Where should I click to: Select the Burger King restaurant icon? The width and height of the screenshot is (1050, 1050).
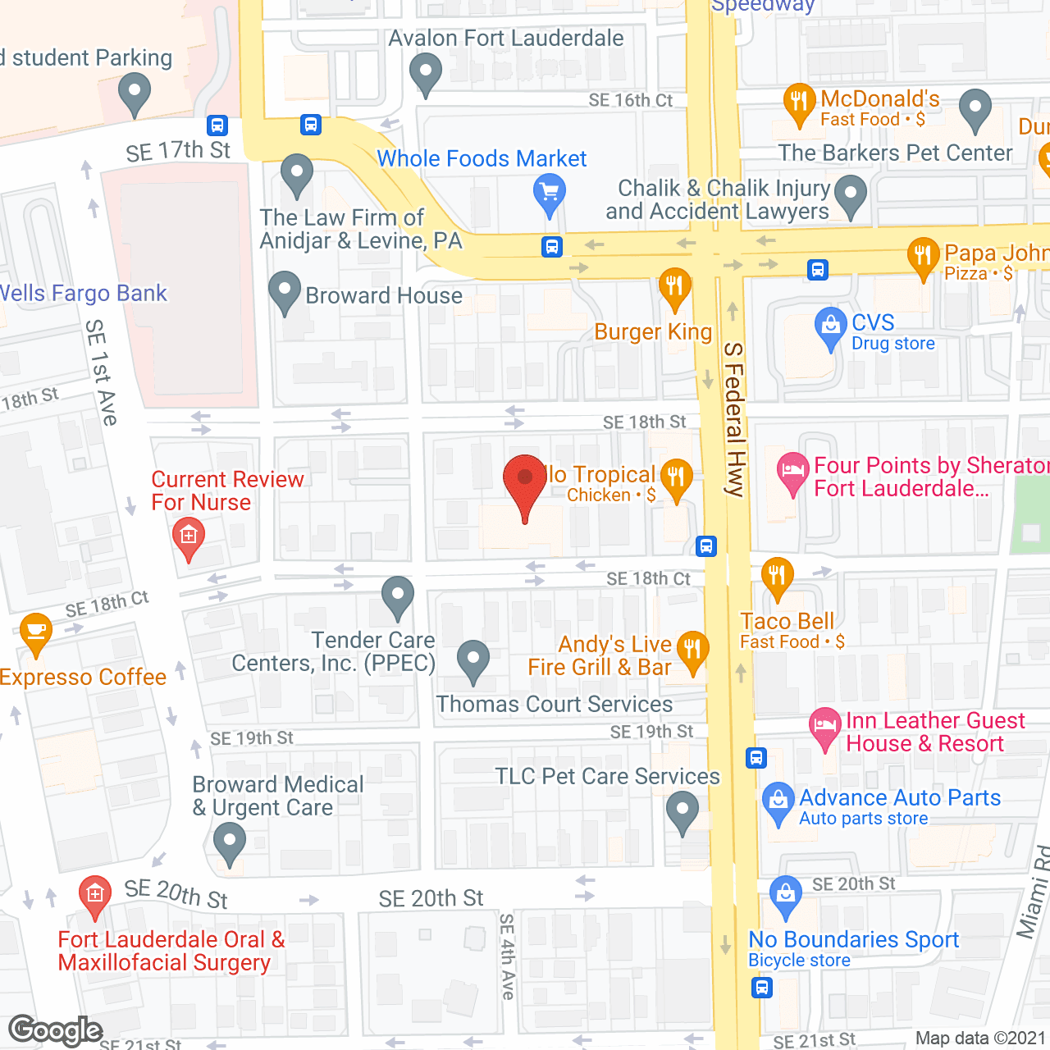(674, 287)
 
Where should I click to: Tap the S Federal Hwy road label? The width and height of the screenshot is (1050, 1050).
(733, 419)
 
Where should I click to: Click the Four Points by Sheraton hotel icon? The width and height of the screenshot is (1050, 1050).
(792, 471)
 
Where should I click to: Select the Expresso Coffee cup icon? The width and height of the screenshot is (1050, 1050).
(36, 631)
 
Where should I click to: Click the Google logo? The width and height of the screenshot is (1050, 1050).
(55, 1030)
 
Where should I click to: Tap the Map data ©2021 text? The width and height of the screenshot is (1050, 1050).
(980, 1039)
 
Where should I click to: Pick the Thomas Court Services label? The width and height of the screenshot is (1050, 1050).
(554, 705)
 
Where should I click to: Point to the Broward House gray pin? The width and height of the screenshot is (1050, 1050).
(285, 290)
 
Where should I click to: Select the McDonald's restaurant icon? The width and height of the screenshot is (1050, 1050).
(798, 102)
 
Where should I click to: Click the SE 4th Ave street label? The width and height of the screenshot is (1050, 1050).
(507, 956)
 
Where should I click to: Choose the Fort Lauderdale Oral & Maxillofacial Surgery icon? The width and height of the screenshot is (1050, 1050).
(95, 893)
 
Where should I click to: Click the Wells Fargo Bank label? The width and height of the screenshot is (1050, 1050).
(82, 294)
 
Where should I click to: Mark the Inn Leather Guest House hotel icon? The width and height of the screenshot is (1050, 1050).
(824, 726)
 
